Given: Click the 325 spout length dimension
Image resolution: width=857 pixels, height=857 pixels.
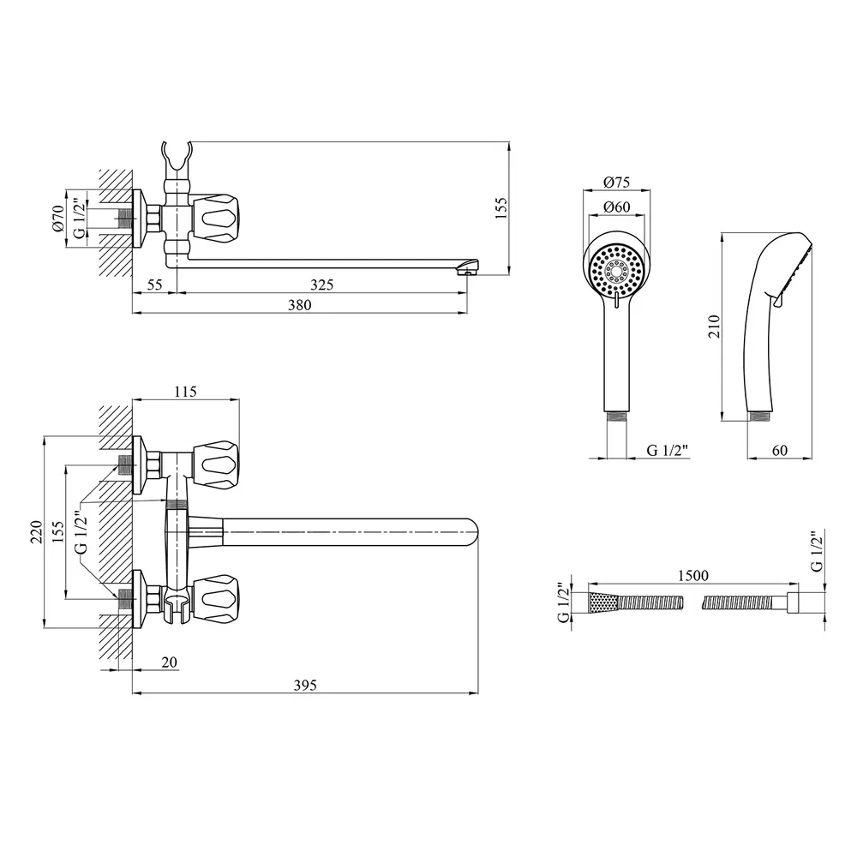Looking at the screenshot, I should pos(321,284).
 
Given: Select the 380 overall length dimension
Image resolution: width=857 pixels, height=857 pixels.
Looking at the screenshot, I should pos(299,305).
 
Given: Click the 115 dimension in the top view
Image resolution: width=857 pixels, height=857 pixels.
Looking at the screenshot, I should pos(186,392).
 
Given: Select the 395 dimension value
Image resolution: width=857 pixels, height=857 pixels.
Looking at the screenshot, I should pos(305,684).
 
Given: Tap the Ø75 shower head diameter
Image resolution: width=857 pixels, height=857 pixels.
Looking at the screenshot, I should pos(616,182).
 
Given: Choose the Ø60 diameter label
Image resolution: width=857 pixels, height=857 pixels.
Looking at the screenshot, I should pos(616,207).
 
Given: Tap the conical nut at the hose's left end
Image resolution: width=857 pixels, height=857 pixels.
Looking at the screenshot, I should pos(602,602).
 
